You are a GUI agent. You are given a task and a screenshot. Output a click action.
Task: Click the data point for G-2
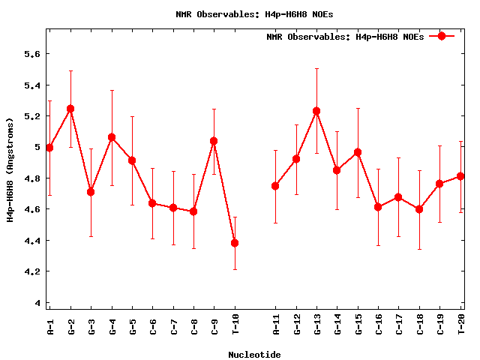[70, 109]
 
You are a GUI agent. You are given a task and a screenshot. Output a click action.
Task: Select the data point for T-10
[235, 243]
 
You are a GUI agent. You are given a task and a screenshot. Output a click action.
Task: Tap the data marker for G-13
[316, 111]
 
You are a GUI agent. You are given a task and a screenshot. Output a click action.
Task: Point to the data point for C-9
[214, 141]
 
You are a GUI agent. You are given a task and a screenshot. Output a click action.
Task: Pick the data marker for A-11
[275, 186]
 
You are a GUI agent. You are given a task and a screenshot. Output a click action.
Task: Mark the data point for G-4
[112, 137]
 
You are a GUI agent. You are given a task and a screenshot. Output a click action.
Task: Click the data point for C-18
[419, 209]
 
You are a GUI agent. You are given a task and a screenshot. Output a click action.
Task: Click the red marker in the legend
[442, 36]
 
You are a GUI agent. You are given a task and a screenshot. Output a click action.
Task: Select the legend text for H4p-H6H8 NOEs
[345, 37]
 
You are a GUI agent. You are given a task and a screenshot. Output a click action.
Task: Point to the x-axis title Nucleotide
[255, 355]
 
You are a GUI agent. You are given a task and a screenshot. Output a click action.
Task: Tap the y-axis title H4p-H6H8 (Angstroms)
[10, 169]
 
